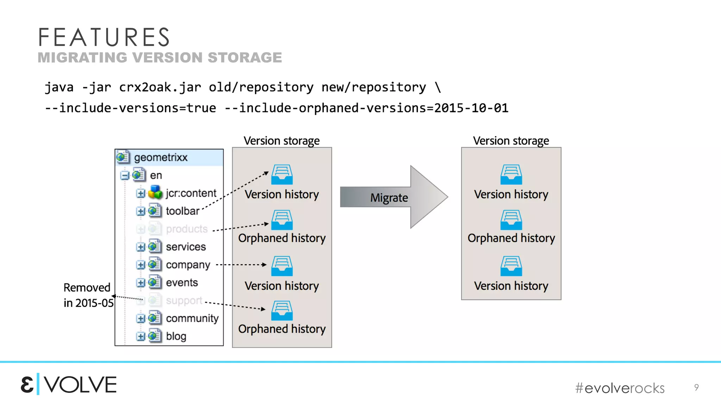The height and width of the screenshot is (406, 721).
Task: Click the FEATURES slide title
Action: [x=104, y=37]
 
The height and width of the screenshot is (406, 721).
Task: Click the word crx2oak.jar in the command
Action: [x=160, y=87]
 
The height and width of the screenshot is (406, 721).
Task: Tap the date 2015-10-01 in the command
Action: [x=471, y=108]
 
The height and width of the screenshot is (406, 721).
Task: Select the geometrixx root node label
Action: [x=161, y=157]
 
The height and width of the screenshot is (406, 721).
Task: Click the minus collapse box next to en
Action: [x=125, y=175]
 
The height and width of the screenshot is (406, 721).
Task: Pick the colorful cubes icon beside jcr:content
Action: [x=155, y=192]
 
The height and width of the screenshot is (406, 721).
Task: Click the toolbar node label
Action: [x=182, y=211]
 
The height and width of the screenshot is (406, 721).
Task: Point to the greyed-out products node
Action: [x=187, y=229]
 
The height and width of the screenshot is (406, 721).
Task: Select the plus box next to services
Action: [x=140, y=247]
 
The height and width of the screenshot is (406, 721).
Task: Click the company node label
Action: [x=188, y=265]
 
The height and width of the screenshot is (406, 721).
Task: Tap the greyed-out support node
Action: [x=184, y=301]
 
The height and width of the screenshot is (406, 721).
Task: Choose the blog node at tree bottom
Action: [x=176, y=336]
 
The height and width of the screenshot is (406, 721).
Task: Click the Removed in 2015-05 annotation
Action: [x=88, y=295]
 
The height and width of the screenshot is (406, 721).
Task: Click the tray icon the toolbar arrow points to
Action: [x=282, y=174]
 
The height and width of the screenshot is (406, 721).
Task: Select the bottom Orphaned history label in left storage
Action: [x=282, y=329]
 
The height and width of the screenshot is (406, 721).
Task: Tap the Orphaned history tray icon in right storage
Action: [x=511, y=220]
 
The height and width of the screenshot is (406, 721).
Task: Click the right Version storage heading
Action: [x=511, y=141]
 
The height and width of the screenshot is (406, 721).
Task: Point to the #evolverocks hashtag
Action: [x=620, y=388]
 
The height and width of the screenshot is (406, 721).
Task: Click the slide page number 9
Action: [x=696, y=387]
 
